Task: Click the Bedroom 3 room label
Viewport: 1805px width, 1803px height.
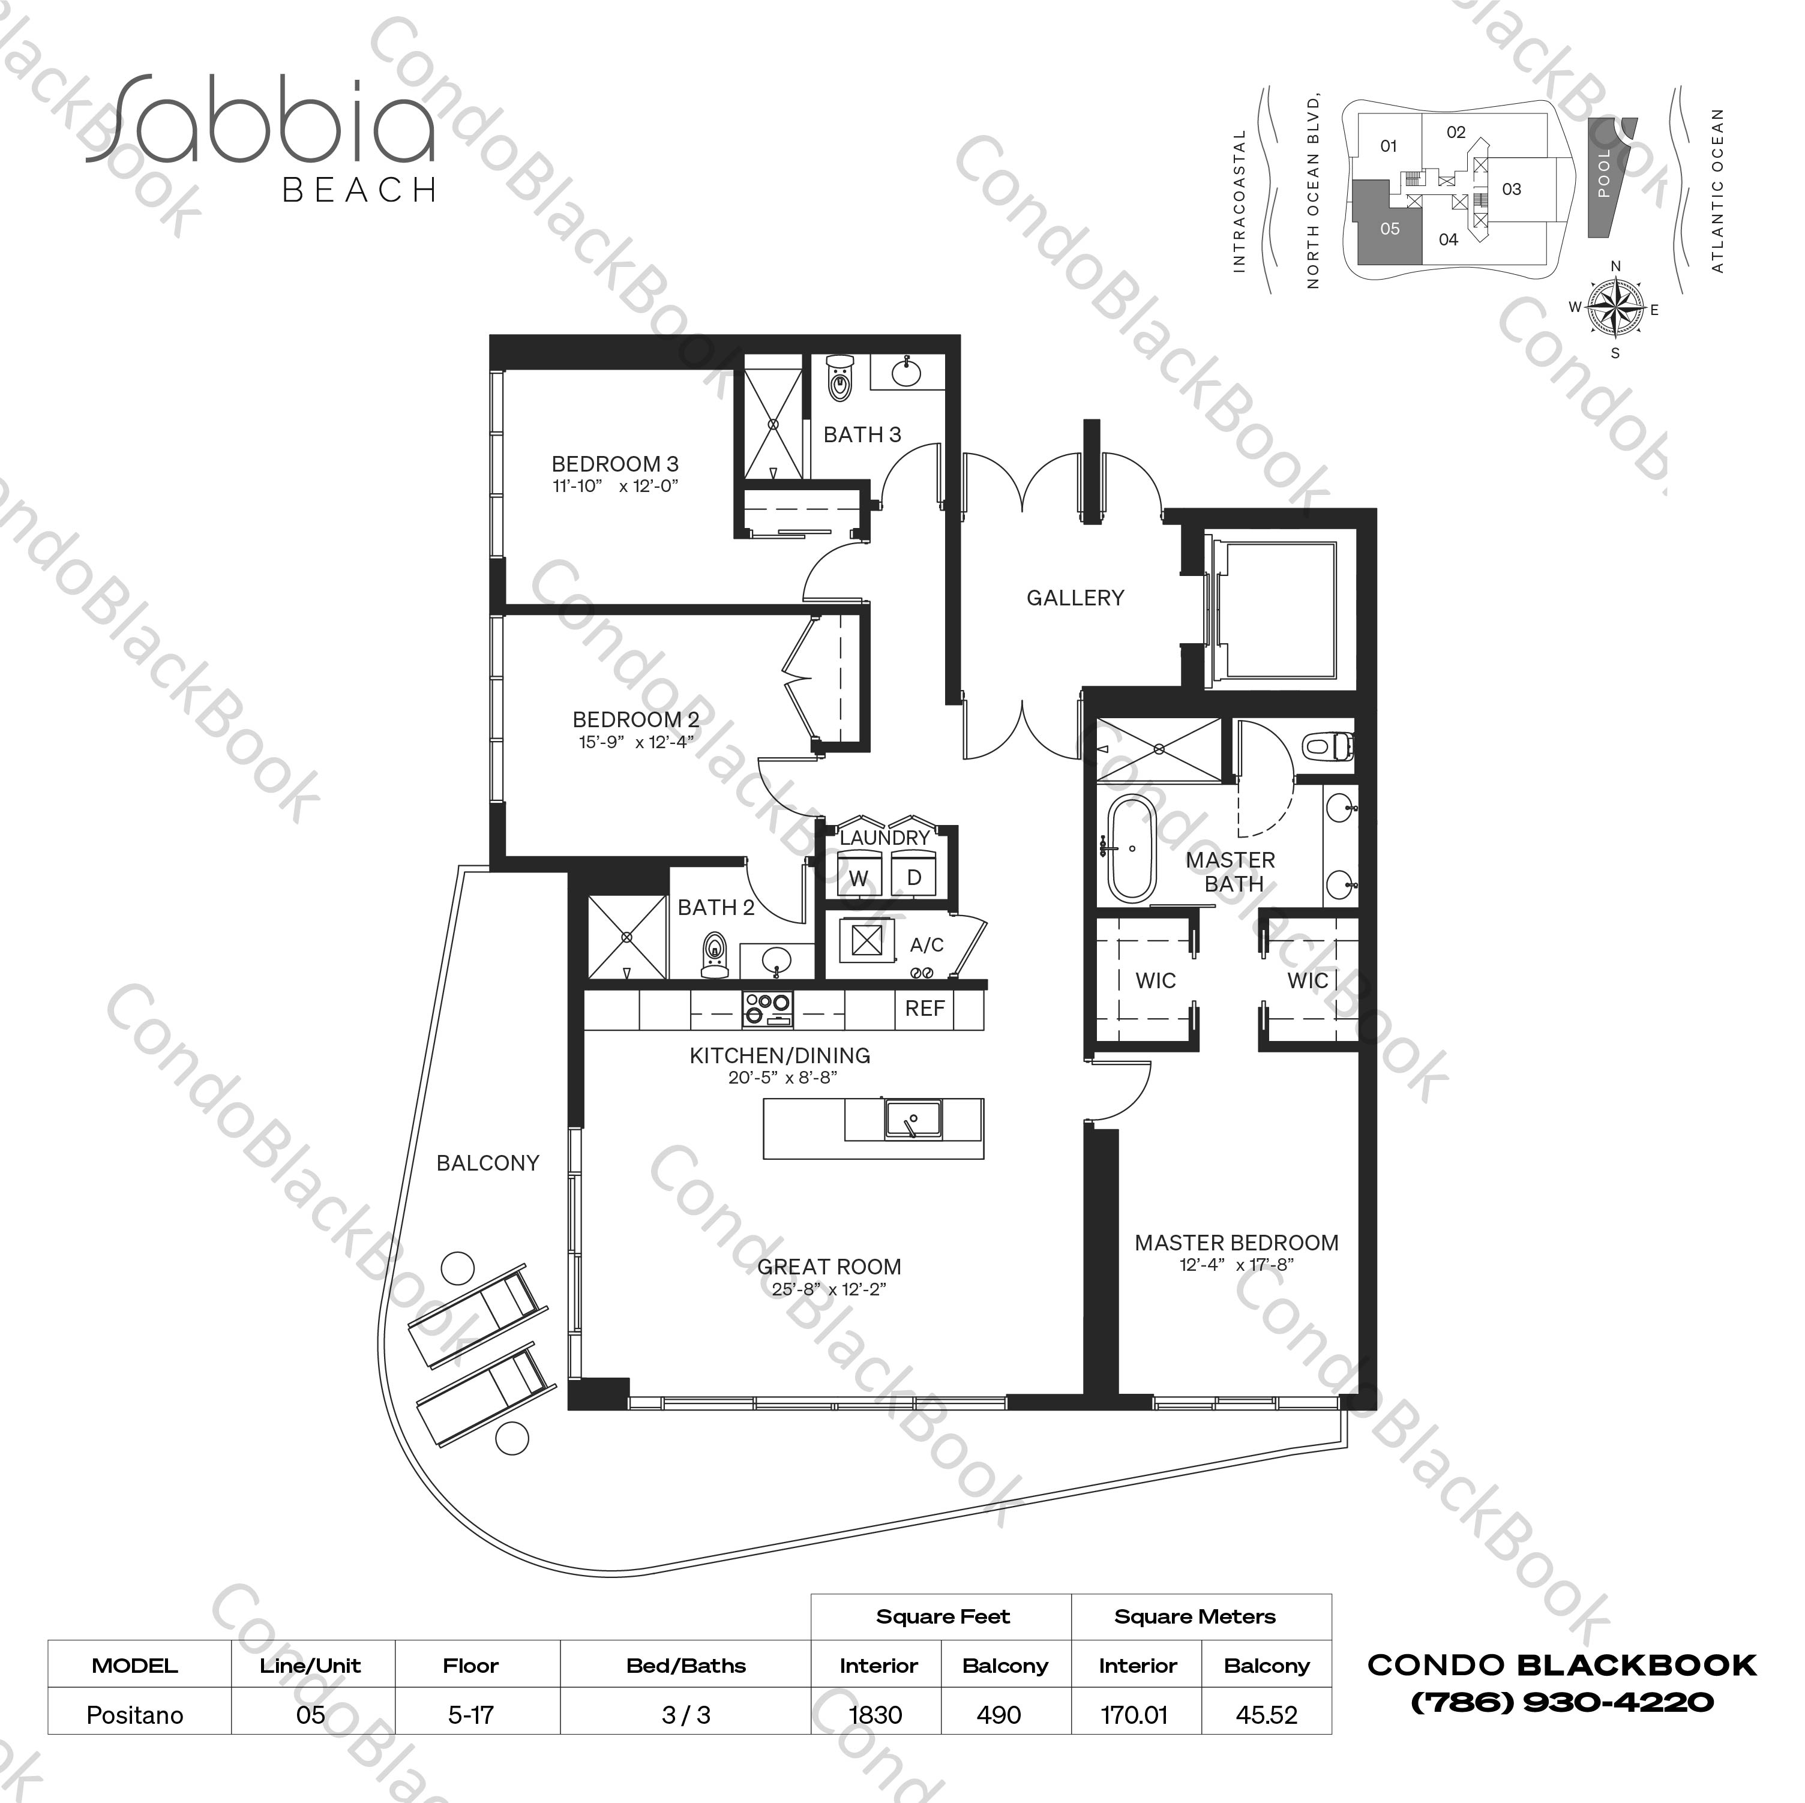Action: point(614,463)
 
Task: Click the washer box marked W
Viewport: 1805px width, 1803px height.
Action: point(857,877)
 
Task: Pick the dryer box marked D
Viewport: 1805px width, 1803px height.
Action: point(915,877)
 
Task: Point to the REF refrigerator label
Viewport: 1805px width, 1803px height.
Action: point(924,1008)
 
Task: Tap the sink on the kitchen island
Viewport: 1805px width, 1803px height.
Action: point(913,1118)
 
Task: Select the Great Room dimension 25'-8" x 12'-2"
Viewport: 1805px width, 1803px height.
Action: point(829,1289)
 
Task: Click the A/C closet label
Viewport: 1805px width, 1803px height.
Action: point(926,944)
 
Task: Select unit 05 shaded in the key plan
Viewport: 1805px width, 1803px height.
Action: point(1389,229)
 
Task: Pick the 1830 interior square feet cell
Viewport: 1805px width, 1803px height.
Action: point(875,1714)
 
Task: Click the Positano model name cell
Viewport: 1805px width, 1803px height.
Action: point(134,1714)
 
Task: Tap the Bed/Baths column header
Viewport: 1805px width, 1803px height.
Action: point(686,1665)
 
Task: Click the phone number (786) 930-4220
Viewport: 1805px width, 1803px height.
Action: point(1561,1702)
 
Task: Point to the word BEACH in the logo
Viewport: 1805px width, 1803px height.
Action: point(359,191)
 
